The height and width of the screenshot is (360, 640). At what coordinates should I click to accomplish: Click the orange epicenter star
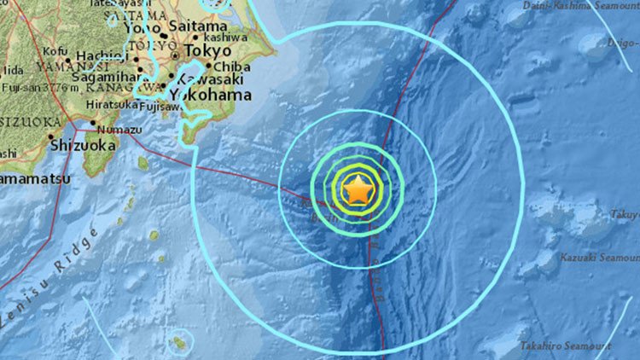(x=358, y=189)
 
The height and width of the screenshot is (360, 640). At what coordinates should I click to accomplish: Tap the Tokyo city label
(x=208, y=51)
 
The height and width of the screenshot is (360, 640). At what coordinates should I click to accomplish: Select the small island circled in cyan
(x=180, y=343)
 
